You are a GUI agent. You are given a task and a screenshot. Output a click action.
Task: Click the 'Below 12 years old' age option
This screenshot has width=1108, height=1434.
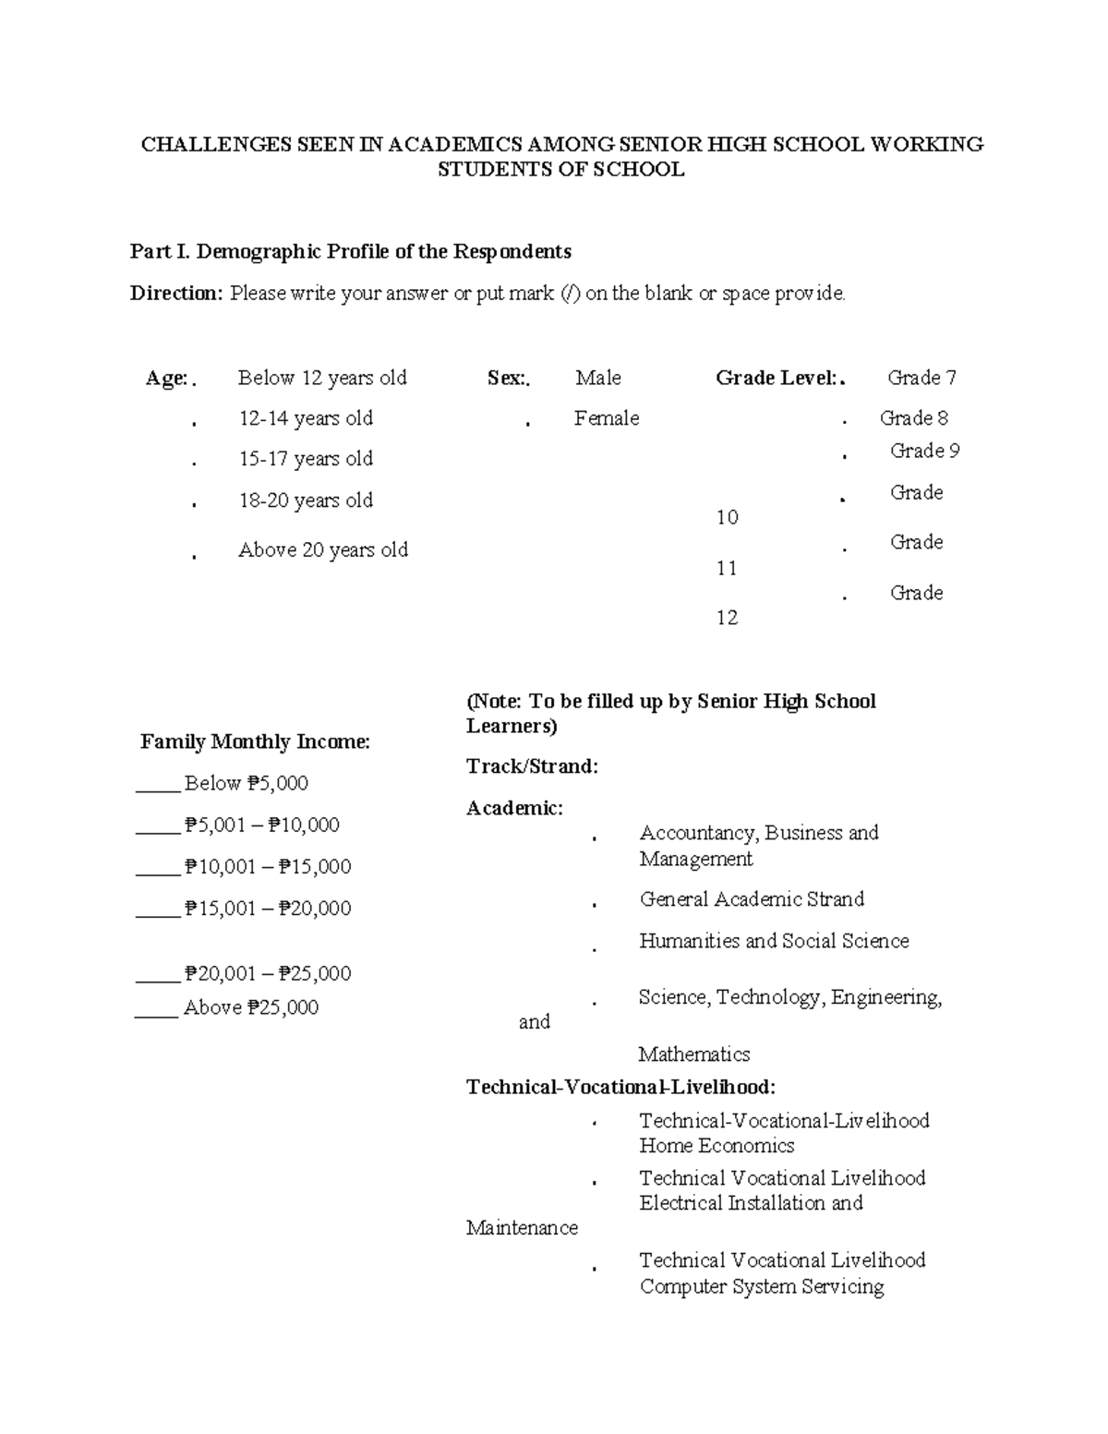321,378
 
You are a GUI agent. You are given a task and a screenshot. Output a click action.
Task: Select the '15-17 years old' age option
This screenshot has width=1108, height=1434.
305,459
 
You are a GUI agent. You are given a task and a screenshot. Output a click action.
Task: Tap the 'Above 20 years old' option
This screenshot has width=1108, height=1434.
322,550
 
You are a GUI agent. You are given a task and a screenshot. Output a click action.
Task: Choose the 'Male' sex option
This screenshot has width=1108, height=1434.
597,378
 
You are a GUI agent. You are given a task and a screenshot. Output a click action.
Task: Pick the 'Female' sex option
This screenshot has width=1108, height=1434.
606,418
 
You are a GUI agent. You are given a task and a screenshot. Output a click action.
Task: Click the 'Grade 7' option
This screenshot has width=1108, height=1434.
921,378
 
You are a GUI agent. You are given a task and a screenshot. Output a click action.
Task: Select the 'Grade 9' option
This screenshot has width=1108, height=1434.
924,451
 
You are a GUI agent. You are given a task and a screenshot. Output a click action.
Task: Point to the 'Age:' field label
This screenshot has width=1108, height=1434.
166,379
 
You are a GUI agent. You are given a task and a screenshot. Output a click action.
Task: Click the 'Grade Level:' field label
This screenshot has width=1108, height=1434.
776,378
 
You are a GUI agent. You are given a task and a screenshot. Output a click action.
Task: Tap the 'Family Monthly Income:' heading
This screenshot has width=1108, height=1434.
255,741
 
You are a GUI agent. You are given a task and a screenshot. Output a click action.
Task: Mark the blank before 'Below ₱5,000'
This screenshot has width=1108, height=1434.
157,785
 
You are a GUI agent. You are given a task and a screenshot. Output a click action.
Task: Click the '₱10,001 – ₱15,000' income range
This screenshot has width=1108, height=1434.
268,866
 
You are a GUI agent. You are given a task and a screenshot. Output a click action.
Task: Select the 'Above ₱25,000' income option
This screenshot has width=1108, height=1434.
250,1007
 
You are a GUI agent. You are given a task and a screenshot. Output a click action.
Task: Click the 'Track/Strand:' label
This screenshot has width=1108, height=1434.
532,766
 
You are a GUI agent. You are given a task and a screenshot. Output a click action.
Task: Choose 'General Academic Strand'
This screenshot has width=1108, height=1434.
752,899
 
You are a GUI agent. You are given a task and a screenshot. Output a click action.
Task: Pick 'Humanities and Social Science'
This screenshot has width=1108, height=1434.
774,941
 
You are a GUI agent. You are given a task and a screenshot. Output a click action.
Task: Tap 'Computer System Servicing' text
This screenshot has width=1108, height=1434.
761,1286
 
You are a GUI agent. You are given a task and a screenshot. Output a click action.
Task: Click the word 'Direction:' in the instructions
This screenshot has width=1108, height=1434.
176,294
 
